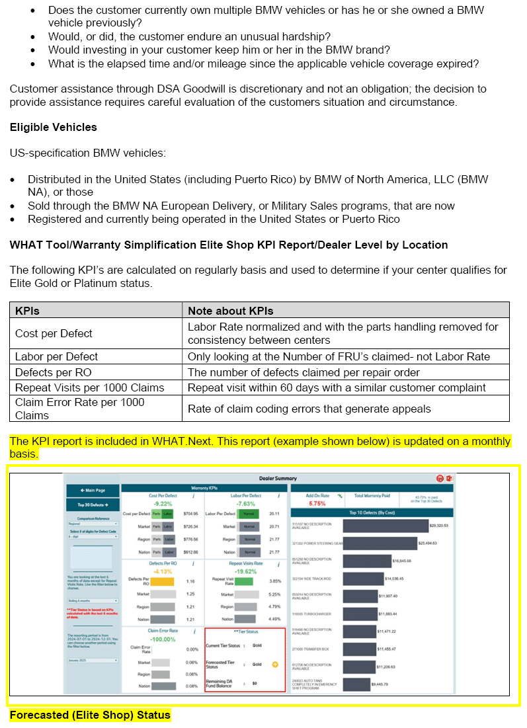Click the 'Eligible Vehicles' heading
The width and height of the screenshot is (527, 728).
click(53, 127)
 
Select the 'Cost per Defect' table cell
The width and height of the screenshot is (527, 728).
click(54, 333)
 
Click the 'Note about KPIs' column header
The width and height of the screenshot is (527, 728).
click(230, 311)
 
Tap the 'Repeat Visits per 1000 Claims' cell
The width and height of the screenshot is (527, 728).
click(89, 387)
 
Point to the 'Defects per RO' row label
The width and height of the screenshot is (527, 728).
click(54, 372)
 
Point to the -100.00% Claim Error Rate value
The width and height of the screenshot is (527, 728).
click(163, 639)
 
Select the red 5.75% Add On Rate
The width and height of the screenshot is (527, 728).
click(317, 503)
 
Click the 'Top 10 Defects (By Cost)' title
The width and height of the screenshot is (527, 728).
click(372, 512)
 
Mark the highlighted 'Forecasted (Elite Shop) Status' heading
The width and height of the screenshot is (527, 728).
click(90, 715)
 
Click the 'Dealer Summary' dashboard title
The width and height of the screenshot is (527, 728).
click(278, 478)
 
